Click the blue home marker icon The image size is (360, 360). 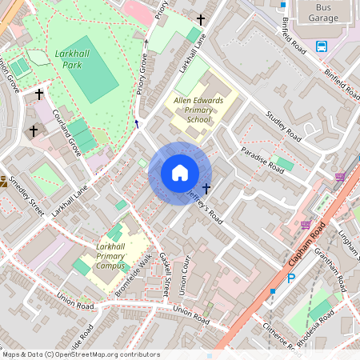(x=180, y=173)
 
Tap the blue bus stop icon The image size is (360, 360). (x=322, y=46)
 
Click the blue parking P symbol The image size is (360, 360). (x=291, y=278)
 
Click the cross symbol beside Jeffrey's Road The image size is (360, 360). (x=207, y=188)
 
